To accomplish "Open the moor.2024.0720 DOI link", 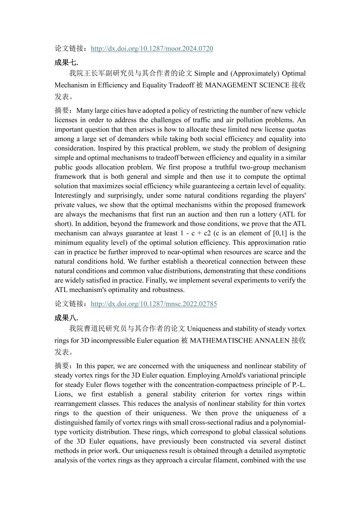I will point(152,49).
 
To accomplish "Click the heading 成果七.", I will point(66,62).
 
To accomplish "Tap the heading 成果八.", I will point(66,317).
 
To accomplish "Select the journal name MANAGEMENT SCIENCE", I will point(247,85).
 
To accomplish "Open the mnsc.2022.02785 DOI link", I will point(154,304).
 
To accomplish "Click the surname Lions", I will point(63,394).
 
